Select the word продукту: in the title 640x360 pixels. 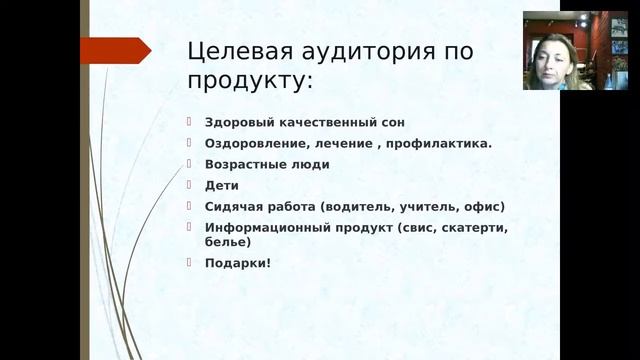tap(249, 79)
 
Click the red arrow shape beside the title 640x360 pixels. tap(115, 51)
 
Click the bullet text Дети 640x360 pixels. tap(221, 185)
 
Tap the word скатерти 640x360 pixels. tap(475, 227)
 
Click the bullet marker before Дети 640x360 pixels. tap(191, 184)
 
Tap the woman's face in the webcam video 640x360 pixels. tap(552, 56)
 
